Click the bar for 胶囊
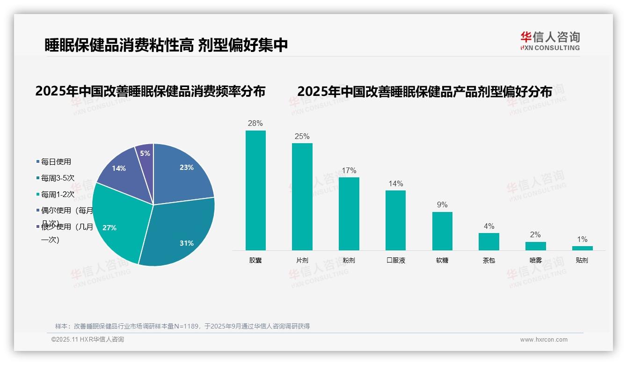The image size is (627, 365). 255,190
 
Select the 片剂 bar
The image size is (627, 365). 302,197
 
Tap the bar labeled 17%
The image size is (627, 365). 349,213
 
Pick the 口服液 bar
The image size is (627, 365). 395,220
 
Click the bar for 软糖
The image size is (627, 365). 442,231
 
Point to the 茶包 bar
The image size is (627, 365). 488,241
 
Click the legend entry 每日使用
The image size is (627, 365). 56,162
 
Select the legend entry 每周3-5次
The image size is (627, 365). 57,178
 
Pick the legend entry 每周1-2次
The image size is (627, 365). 57,195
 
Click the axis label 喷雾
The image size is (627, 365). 535,260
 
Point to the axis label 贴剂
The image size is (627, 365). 582,260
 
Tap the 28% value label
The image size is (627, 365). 255,124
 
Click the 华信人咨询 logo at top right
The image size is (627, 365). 550,41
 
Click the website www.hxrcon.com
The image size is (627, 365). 544,340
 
